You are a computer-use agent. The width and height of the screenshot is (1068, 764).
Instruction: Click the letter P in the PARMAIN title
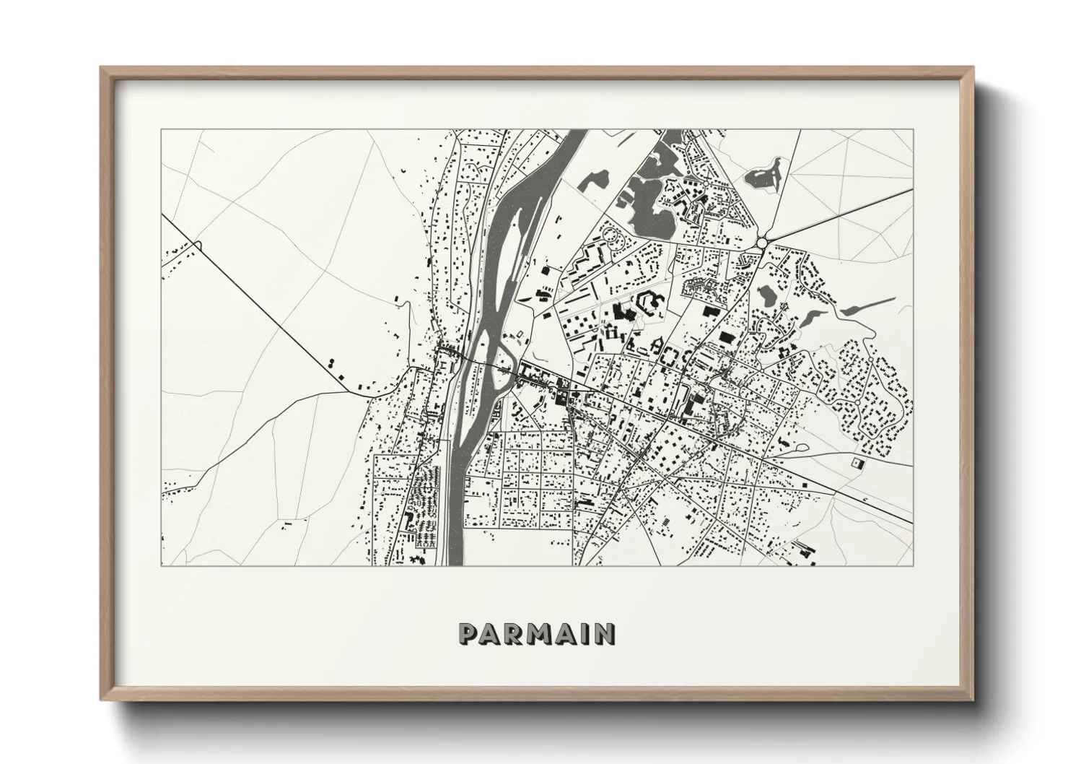pyautogui.click(x=468, y=634)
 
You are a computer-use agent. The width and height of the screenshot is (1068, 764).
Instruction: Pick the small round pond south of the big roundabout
pyautogui.click(x=767, y=295)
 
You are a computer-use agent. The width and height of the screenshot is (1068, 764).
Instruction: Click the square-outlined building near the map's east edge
pyautogui.click(x=857, y=461)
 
